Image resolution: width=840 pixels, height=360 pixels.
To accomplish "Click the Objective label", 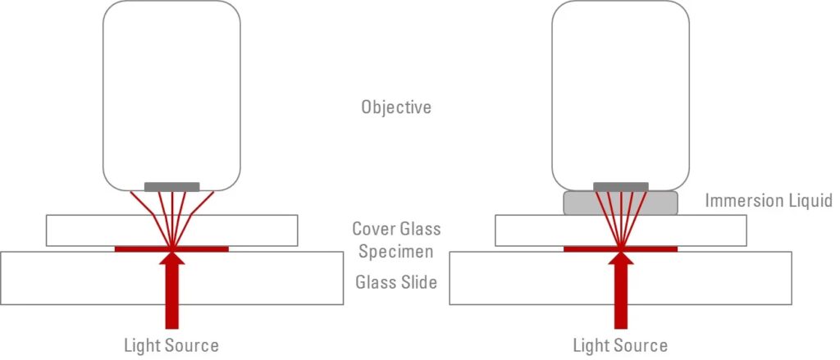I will (x=396, y=107).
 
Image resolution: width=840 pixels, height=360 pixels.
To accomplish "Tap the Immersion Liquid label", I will (x=769, y=201).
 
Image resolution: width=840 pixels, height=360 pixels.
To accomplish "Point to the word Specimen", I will (x=395, y=252).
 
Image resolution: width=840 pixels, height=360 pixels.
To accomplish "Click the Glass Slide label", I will (x=396, y=283).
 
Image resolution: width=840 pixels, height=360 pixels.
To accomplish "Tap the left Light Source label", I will (x=171, y=345).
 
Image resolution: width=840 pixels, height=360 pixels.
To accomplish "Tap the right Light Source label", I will (x=620, y=345).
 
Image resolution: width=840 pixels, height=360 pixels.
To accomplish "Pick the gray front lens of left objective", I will (x=171, y=187).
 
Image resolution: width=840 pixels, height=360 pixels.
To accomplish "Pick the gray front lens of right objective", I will (x=621, y=187).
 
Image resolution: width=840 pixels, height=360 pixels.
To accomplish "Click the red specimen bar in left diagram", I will (x=131, y=248).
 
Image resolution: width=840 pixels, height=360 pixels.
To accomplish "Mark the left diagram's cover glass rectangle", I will (x=82, y=230).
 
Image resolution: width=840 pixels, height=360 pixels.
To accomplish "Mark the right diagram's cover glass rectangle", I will (x=533, y=230).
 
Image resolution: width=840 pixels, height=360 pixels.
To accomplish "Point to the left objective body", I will (x=171, y=90).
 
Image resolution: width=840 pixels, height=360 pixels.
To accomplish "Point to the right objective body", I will (x=621, y=90).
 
